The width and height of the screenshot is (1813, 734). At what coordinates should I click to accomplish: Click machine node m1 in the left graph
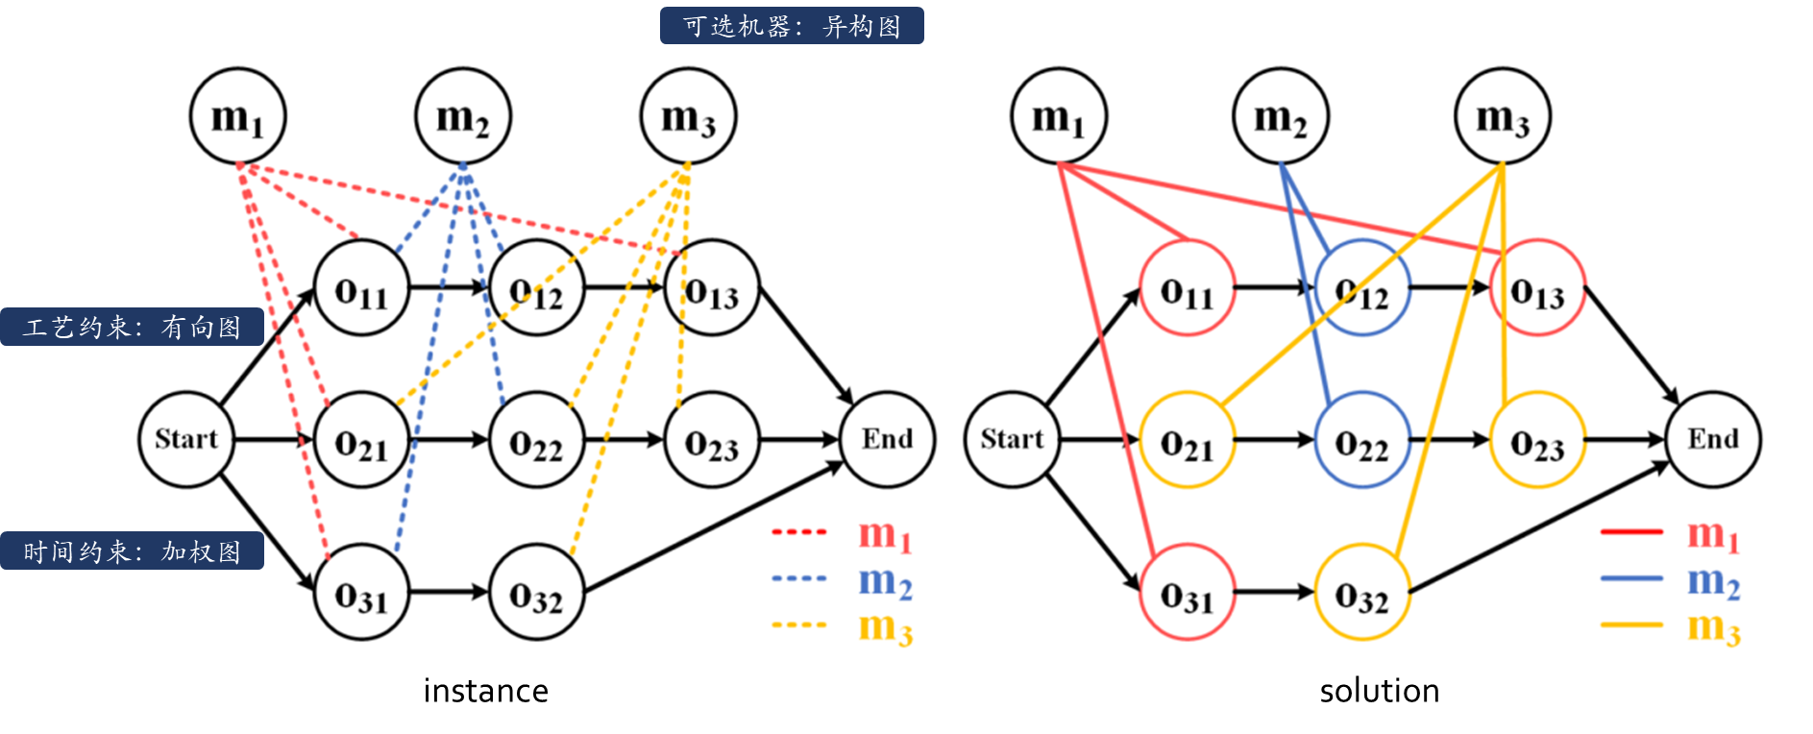237,116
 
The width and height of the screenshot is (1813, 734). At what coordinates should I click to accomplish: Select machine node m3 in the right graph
1502,116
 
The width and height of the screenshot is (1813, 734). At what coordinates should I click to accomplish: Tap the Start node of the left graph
186,439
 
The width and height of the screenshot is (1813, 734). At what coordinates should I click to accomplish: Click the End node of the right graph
1713,439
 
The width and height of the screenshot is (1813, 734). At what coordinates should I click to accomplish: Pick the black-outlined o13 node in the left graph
712,288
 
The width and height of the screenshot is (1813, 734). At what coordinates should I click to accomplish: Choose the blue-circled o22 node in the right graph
1361,440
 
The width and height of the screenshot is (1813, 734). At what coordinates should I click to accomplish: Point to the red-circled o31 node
1187,593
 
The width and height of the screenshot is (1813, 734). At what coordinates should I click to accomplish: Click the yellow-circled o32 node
1361,593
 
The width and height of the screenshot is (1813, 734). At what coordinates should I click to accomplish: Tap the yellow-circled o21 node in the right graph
1187,440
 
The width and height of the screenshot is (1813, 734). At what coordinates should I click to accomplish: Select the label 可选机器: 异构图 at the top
792,26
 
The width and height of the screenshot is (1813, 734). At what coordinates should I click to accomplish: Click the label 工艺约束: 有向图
132,327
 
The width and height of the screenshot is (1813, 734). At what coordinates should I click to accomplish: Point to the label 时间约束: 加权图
132,550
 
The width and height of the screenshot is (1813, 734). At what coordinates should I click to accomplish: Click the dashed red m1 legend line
799,531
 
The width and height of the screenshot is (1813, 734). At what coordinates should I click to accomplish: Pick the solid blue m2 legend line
1630,578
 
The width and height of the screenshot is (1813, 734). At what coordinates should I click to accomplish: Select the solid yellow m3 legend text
1714,627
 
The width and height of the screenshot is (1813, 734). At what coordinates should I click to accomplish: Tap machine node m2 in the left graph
463,116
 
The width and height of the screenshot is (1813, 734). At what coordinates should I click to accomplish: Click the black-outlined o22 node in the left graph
537,440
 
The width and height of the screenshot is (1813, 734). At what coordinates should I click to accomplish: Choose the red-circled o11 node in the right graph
1187,288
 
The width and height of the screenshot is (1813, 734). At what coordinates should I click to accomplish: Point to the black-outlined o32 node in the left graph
537,593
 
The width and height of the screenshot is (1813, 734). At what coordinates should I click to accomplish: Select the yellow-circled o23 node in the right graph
1537,440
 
